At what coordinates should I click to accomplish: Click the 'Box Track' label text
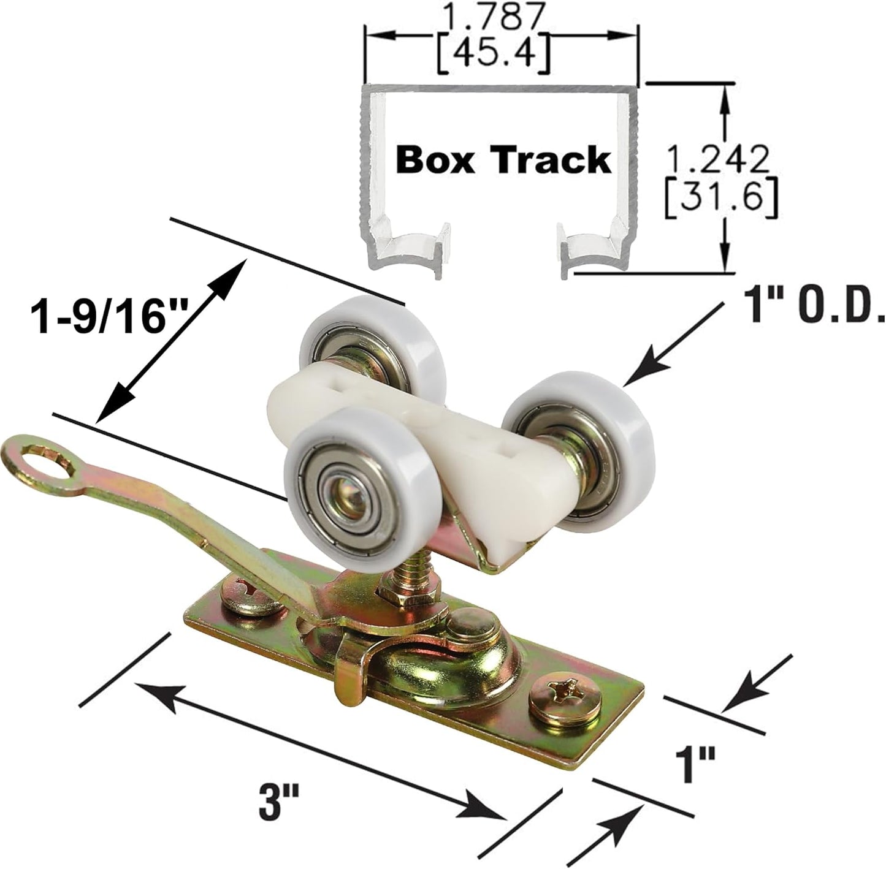(503, 160)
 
